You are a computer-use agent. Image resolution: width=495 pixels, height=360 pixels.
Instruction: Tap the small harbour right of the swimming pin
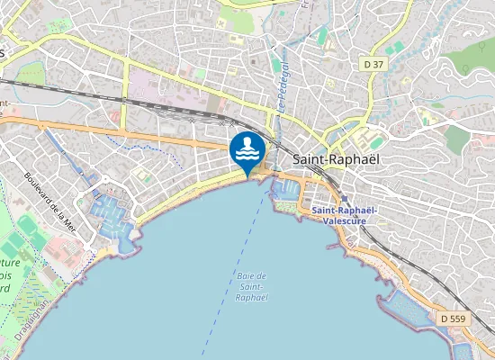282,190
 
